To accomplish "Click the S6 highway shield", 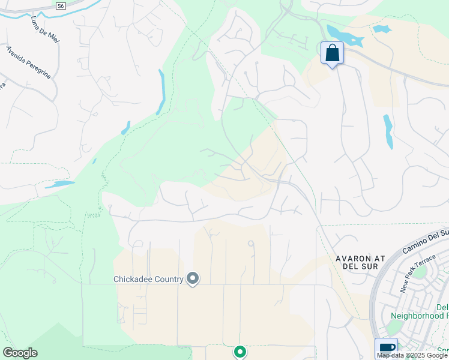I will [x=60, y=5].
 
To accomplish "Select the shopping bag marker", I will [x=332, y=54].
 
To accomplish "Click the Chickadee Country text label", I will [x=148, y=279].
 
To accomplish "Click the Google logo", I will [x=20, y=353].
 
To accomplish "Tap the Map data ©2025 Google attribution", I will [x=412, y=355].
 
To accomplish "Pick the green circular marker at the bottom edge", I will [x=240, y=352].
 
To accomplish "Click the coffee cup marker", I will [x=386, y=349].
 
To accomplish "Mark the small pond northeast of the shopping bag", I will [x=382, y=28].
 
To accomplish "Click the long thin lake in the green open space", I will [x=161, y=91].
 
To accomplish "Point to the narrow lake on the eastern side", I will [x=388, y=131].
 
